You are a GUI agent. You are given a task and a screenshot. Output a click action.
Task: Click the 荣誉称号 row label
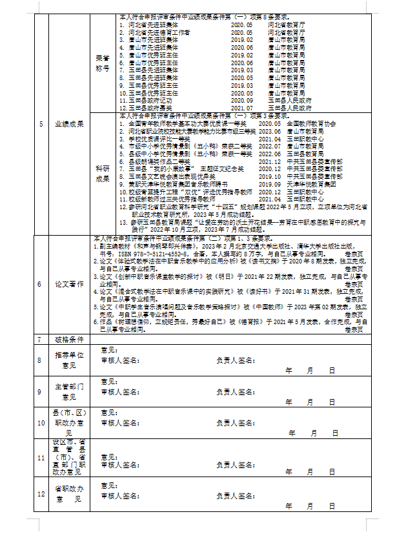(x=102, y=61)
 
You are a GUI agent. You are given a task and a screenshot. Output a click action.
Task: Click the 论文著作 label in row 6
(x=69, y=285)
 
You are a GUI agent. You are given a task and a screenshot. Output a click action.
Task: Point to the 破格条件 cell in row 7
(x=69, y=339)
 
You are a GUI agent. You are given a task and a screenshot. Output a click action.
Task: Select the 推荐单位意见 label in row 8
(x=69, y=360)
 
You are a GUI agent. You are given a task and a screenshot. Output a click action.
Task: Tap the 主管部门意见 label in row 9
(x=69, y=391)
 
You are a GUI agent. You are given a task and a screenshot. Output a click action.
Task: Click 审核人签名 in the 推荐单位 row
(x=119, y=360)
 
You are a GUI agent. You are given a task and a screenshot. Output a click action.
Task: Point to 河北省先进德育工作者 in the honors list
(x=158, y=32)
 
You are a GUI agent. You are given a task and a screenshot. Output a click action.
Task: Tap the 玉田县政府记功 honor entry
(x=150, y=101)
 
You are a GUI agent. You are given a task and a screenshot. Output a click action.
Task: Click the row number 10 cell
(x=41, y=422)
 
